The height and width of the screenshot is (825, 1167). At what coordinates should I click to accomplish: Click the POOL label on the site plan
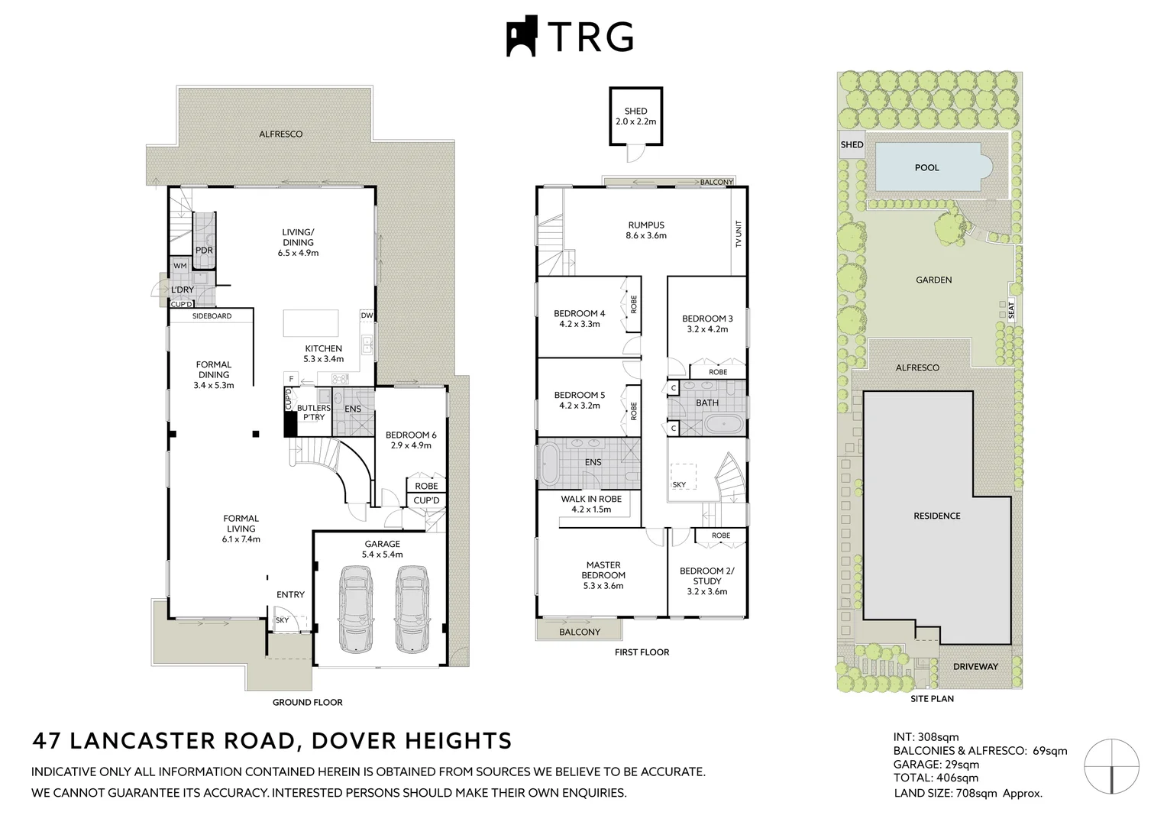pyautogui.click(x=926, y=167)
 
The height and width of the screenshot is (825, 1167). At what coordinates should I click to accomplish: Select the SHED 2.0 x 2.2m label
pyautogui.click(x=635, y=116)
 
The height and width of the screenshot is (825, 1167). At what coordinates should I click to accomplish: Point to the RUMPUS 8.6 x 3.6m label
pyautogui.click(x=646, y=230)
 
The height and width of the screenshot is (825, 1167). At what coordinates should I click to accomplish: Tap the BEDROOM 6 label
pyautogui.click(x=411, y=440)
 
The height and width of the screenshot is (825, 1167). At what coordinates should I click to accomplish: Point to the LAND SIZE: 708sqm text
pyautogui.click(x=967, y=794)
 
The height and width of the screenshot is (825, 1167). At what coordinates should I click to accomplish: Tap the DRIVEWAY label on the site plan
pyautogui.click(x=975, y=666)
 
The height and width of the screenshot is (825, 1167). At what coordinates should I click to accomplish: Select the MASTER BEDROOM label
pyautogui.click(x=603, y=575)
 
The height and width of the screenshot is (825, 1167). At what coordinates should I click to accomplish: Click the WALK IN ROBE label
pyautogui.click(x=591, y=503)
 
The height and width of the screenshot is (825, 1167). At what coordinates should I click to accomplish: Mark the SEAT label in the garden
pyautogui.click(x=1011, y=310)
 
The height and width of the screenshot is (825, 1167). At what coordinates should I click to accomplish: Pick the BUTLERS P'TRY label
pyautogui.click(x=314, y=412)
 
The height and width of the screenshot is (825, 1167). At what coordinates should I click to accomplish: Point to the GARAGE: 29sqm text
pyautogui.click(x=936, y=765)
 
